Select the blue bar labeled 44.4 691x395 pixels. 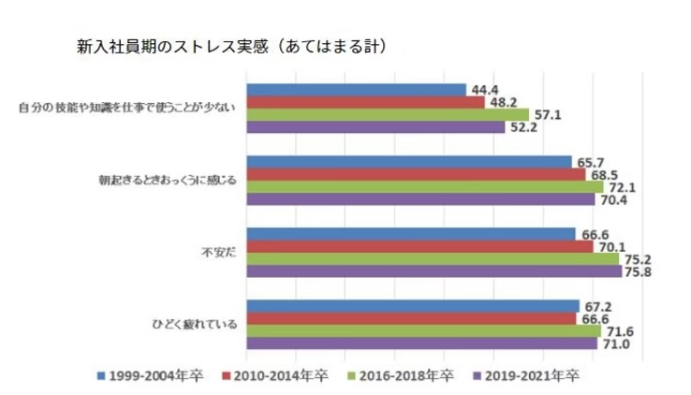tap(356, 90)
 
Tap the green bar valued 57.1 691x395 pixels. tap(387, 114)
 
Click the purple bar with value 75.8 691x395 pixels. tap(434, 271)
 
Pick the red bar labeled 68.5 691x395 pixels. tap(415, 174)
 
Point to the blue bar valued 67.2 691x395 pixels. tap(412, 306)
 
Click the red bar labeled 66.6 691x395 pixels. tap(411, 318)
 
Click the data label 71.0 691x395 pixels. tap(613, 343)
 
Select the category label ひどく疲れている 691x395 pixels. tap(194, 326)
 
